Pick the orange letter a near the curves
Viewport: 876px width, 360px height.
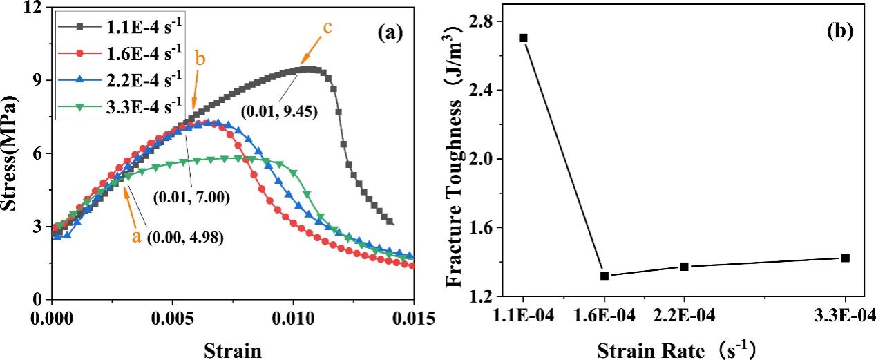tap(137, 236)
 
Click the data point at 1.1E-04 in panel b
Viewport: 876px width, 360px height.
tap(523, 38)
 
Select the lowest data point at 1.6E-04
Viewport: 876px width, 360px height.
tap(604, 276)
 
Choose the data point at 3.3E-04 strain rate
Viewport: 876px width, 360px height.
tap(845, 258)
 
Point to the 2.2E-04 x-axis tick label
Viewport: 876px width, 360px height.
tap(684, 317)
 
